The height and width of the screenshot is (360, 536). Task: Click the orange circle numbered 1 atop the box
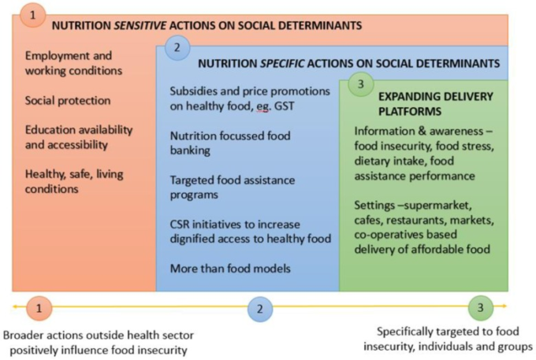pyautogui.click(x=32, y=15)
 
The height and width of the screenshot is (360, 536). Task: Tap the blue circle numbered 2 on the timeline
pyautogui.click(x=260, y=309)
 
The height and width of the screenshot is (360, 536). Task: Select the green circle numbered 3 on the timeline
pyautogui.click(x=480, y=308)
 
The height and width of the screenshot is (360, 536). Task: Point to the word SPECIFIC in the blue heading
pyautogui.click(x=282, y=64)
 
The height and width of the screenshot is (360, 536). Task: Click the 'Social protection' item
pyautogui.click(x=68, y=101)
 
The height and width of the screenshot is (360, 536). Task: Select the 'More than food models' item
pyautogui.click(x=230, y=269)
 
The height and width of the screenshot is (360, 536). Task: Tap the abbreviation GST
pyautogui.click(x=284, y=106)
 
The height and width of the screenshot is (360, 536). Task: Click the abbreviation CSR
pyautogui.click(x=180, y=225)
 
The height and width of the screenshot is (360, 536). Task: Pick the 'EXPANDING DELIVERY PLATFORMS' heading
pyautogui.click(x=435, y=104)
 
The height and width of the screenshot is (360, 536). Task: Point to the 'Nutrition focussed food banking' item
pyautogui.click(x=230, y=143)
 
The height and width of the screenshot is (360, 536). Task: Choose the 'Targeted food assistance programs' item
pyautogui.click(x=233, y=187)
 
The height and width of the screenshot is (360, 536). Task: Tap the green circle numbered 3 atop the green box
pyautogui.click(x=361, y=84)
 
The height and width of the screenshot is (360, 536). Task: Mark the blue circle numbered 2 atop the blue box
pyautogui.click(x=177, y=48)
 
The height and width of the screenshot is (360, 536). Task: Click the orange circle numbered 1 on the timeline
pyautogui.click(x=39, y=309)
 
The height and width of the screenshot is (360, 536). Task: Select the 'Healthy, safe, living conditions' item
pyautogui.click(x=74, y=181)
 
